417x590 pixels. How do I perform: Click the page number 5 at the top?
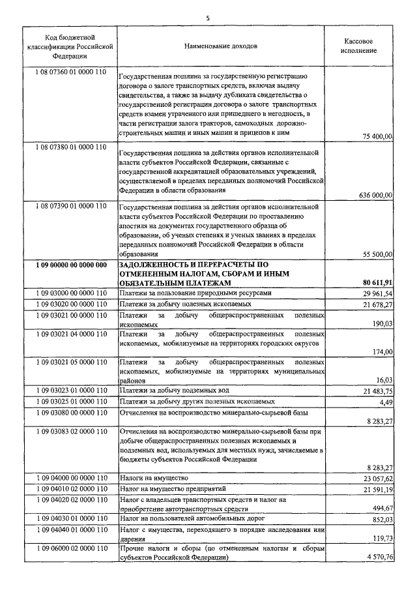[x=208, y=18]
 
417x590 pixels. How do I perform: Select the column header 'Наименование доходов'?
[x=221, y=47]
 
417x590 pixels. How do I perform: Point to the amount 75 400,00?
[x=377, y=136]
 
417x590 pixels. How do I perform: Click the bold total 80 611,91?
[x=375, y=283]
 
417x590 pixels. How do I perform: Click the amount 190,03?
[x=381, y=323]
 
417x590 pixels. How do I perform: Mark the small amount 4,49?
[x=385, y=401]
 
